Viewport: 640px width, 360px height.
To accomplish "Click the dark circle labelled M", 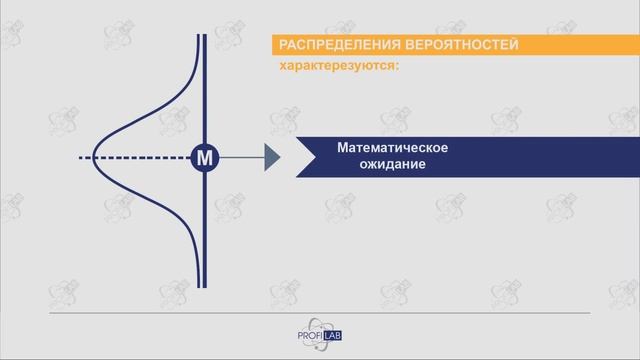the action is (x=204, y=158).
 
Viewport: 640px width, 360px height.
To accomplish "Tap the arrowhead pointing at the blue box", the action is (x=272, y=158).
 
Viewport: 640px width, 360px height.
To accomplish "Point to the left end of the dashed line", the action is (x=80, y=158).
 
